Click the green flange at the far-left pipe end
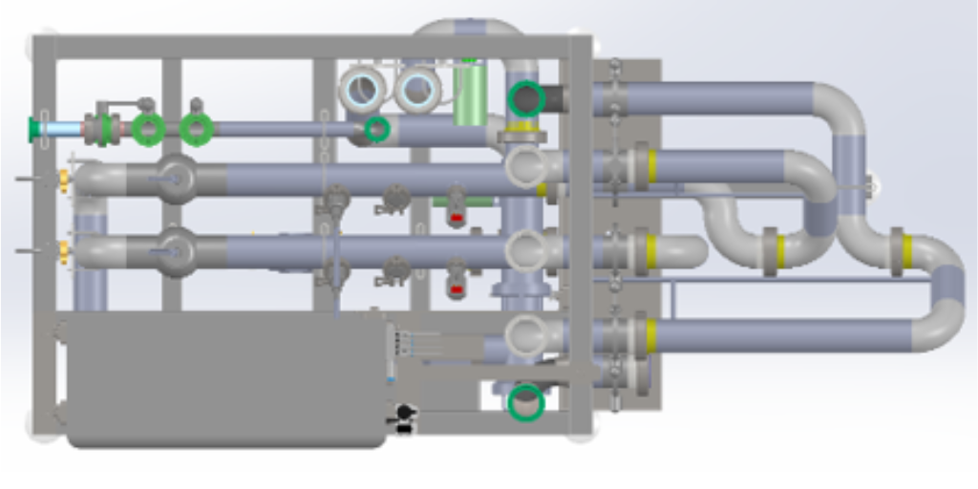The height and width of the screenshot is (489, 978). click(34, 129)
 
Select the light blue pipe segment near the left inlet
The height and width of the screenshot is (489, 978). click(63, 129)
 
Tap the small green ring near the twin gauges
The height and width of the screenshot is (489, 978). click(377, 129)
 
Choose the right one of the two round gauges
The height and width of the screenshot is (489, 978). click(418, 90)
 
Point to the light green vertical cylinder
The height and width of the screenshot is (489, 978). click(468, 96)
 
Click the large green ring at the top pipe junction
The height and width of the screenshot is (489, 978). click(526, 98)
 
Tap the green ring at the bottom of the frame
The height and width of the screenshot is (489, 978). click(525, 402)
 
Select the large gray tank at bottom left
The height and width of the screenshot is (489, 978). click(225, 379)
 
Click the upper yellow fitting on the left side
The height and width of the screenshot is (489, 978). click(65, 179)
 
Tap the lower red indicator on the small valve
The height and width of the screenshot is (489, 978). click(457, 289)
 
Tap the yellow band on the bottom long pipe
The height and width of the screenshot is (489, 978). click(651, 335)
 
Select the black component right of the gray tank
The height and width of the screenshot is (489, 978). click(405, 413)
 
